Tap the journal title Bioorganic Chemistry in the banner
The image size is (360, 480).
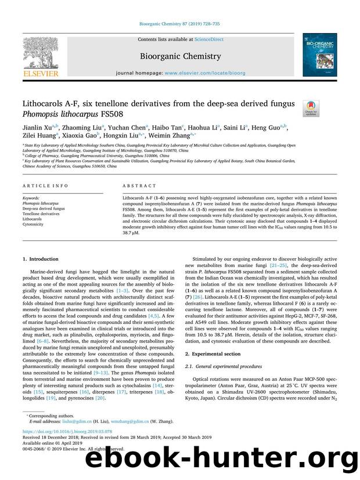[179, 56]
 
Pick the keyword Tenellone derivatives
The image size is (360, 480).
[42, 214]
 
